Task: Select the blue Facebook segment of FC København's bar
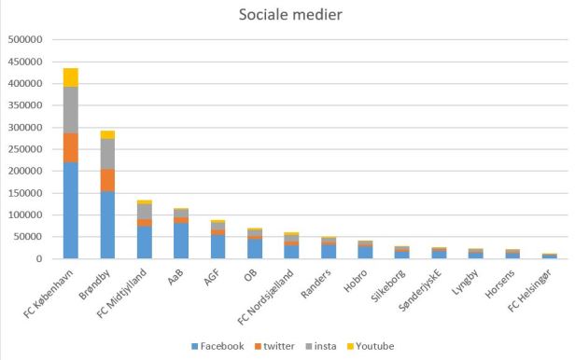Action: (x=71, y=211)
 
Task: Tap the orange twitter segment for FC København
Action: (x=71, y=147)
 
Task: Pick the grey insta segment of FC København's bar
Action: (x=71, y=109)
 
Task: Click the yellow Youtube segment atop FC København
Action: (x=71, y=76)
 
